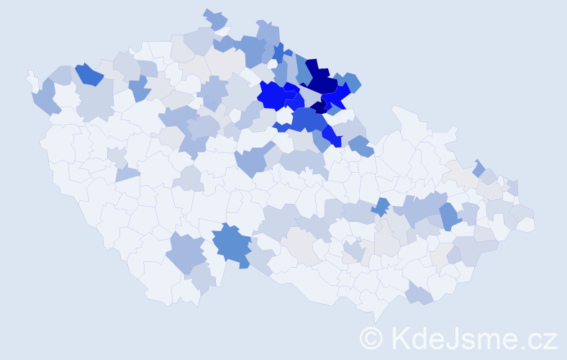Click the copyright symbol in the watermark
(x=371, y=338)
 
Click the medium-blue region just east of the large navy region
(x=352, y=83)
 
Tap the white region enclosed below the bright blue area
(x=285, y=115)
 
